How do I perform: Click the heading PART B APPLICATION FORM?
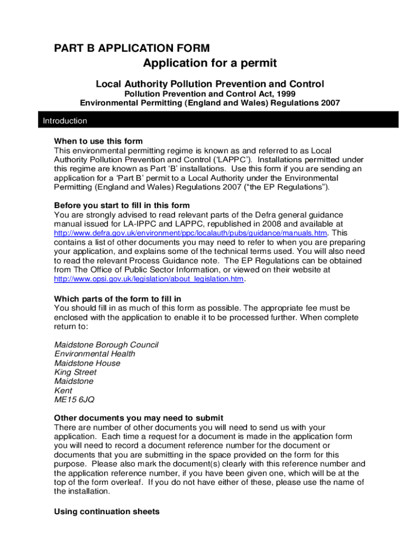tap(131, 49)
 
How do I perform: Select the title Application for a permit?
tap(210, 64)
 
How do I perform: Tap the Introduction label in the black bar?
tap(65, 121)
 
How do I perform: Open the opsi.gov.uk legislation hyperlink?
tap(149, 279)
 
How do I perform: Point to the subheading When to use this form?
tap(98, 141)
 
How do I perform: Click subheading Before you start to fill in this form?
tap(122, 205)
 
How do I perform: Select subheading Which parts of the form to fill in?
tap(117, 299)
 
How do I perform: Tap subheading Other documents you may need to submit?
tap(139, 418)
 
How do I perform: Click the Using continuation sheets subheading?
tap(107, 512)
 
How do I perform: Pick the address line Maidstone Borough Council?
tap(106, 345)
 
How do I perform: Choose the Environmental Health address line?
tap(95, 354)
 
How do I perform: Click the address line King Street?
tap(76, 372)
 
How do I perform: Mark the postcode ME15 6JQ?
tap(74, 400)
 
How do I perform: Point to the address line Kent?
tap(63, 390)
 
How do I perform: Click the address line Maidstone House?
tap(87, 363)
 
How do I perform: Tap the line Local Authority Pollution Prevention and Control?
tap(210, 84)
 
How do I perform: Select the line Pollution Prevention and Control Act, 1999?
tap(210, 93)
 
